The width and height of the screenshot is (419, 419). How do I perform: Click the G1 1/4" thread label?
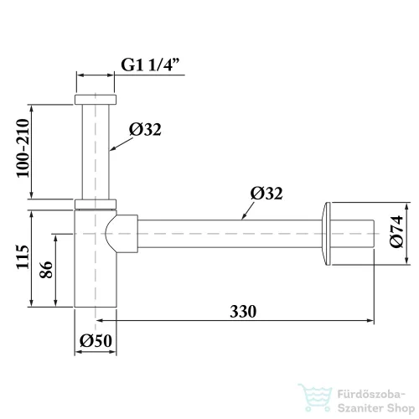150,65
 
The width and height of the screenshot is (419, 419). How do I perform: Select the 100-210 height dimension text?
23,148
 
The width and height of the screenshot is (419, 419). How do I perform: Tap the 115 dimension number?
23,257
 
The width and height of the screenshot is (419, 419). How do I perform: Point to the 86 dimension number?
46,270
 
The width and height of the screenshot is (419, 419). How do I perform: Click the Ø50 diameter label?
96,340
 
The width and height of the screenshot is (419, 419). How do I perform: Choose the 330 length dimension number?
243,312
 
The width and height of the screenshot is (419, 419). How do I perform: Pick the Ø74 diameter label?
396,231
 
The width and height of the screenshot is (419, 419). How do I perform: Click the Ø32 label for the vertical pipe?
145,129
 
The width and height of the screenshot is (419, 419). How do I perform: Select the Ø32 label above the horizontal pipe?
266,193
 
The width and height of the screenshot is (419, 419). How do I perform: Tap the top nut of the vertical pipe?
96,100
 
